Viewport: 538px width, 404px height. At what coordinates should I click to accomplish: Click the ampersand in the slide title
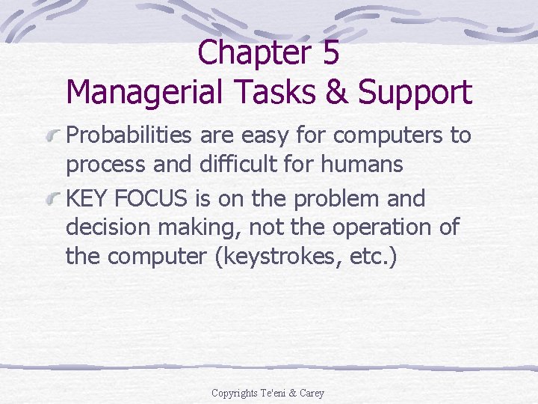point(334,93)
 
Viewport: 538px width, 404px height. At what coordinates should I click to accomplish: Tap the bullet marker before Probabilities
point(54,136)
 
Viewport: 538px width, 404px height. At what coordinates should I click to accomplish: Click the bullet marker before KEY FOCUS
point(54,200)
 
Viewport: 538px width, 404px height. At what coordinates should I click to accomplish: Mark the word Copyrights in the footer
point(235,393)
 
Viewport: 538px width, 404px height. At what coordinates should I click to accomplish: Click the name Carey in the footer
point(312,393)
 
